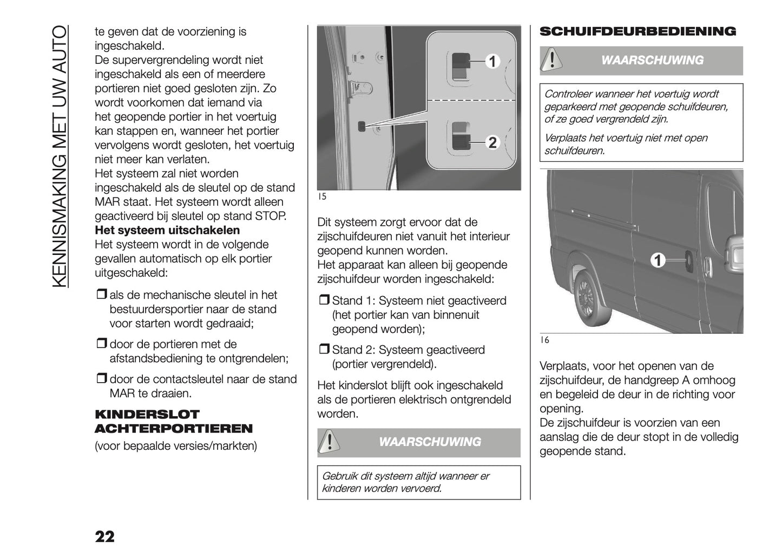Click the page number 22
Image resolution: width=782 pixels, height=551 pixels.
tap(104, 536)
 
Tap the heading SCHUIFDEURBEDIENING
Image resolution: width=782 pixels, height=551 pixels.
tap(638, 31)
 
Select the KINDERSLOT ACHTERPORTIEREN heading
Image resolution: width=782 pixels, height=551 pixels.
tap(173, 422)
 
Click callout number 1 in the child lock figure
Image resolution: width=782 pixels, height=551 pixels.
tap(492, 62)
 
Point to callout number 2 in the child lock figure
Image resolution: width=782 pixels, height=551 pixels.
tap(492, 142)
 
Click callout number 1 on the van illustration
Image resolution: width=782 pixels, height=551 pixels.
tap(658, 261)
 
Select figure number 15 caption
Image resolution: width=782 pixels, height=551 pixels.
tap(321, 197)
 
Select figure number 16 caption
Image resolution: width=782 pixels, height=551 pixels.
tap(544, 340)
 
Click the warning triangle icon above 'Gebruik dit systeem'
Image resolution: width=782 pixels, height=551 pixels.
tap(327, 442)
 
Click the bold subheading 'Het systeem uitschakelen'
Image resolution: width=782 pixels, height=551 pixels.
tap(167, 230)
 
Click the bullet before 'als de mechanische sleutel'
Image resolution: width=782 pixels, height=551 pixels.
tap(101, 295)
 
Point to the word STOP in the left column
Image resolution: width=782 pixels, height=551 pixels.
tap(270, 216)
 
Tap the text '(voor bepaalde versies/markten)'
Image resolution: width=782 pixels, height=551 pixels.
tap(176, 446)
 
